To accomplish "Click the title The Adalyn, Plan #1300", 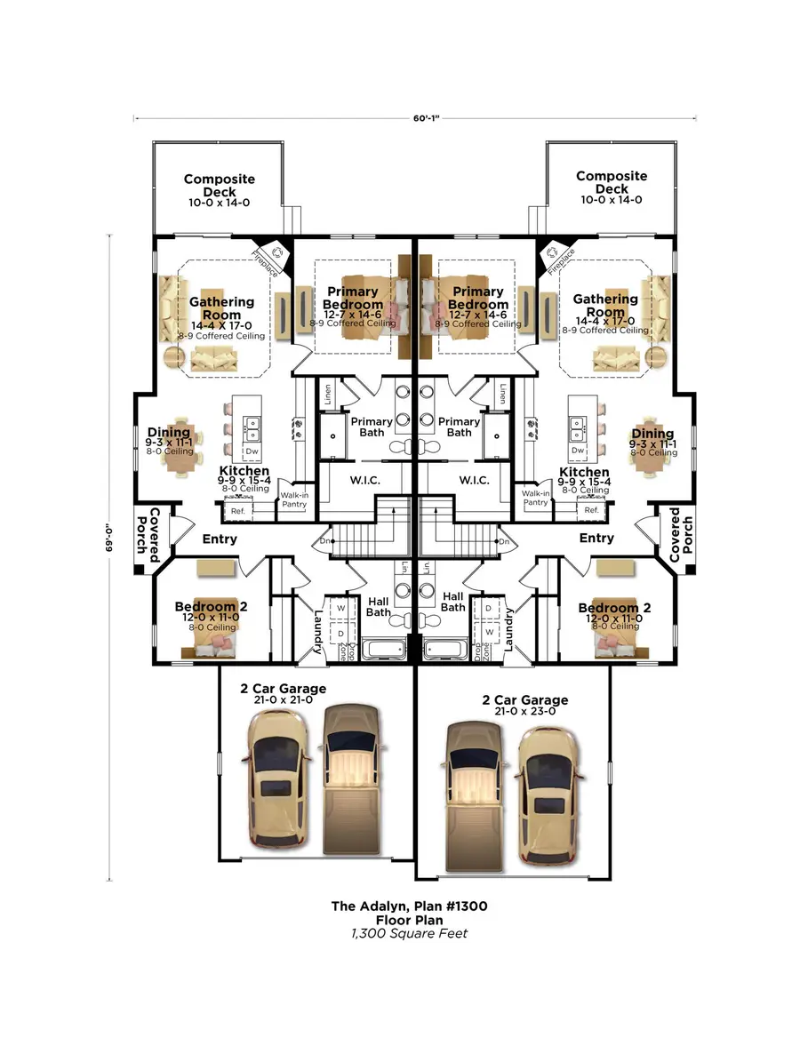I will tap(409, 906).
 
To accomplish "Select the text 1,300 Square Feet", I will tap(409, 933).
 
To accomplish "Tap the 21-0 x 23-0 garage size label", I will tap(524, 713).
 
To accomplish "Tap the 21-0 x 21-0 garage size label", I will tap(283, 700).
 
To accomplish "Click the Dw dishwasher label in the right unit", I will tap(578, 451).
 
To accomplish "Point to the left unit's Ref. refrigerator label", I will tap(237, 511).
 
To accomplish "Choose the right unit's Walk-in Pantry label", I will tap(535, 498).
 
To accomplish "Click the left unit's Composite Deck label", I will tap(219, 185).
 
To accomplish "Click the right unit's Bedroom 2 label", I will tap(614, 608).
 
